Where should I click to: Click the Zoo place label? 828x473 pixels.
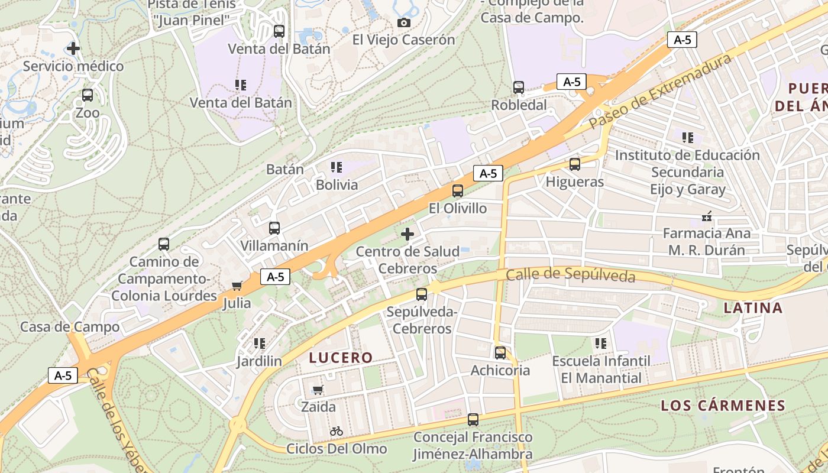[x=88, y=113]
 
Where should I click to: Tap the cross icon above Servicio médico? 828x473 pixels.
[x=73, y=48]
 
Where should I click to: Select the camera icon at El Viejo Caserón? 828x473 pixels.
[x=404, y=22]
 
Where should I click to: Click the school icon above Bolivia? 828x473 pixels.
[x=337, y=167]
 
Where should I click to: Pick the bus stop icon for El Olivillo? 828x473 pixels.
[x=458, y=191]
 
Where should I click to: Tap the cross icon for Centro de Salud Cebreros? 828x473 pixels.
[x=407, y=234]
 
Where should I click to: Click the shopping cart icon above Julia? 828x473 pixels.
[x=237, y=286]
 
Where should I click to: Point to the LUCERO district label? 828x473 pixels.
[x=341, y=358]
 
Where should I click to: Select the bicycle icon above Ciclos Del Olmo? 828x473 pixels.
[x=337, y=431]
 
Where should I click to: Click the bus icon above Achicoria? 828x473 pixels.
[x=500, y=353]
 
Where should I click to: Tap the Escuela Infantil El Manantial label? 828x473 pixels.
[x=601, y=369]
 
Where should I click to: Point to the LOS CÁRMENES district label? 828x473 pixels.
[x=723, y=406]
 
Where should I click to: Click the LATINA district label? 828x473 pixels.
[x=753, y=307]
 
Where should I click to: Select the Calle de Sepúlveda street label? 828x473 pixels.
[x=571, y=275]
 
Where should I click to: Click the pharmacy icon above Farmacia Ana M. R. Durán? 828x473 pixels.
[x=706, y=216]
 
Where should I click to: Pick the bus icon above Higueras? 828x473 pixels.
[x=575, y=164]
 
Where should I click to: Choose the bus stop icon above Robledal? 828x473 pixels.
[x=519, y=88]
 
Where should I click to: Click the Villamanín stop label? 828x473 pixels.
[x=274, y=245]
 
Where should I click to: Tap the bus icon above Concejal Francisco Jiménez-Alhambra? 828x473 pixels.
[x=473, y=420]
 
